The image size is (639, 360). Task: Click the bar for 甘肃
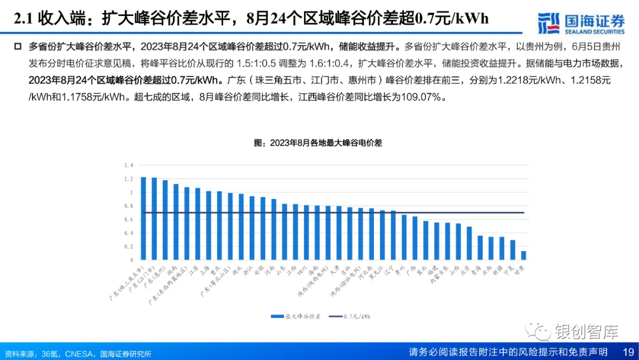tap(524, 255)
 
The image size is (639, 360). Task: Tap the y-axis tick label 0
tap(132, 260)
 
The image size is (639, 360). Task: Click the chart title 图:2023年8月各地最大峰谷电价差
tap(318, 143)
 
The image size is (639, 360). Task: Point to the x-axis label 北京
tap(464, 269)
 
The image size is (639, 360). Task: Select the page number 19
tap(629, 352)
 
